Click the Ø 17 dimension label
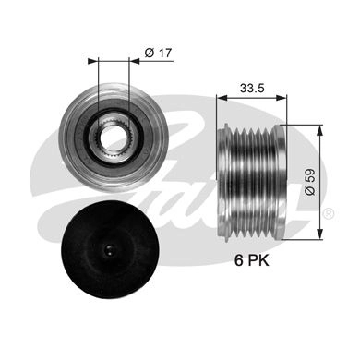coord(158,53)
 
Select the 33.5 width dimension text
coord(252,89)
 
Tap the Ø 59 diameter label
coord(310,182)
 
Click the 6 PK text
coord(252,260)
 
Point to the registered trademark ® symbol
coord(329,213)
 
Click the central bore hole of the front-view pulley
coord(113,138)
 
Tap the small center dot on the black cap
coord(110,249)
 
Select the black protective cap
coord(110,249)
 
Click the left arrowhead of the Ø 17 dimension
coord(92,61)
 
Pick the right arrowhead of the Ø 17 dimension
coord(134,61)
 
